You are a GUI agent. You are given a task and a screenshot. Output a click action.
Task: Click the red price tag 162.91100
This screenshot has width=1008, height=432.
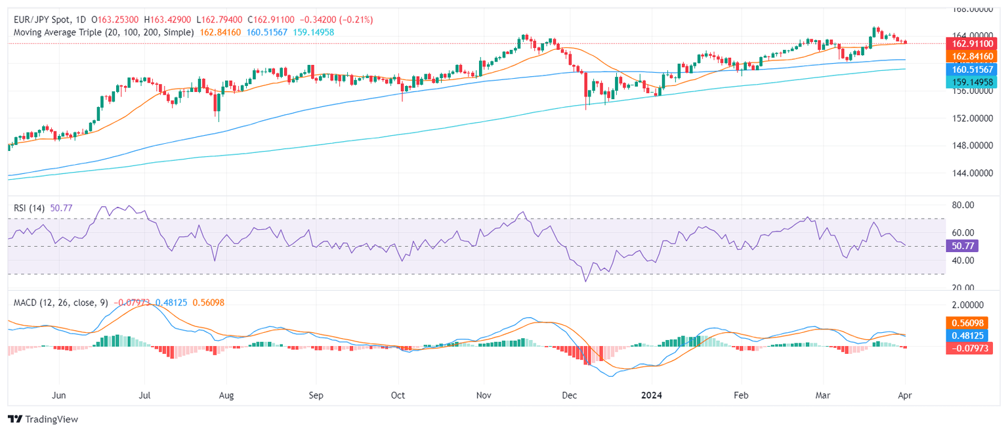973,43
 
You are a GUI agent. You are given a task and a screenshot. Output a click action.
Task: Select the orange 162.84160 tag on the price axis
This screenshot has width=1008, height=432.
973,56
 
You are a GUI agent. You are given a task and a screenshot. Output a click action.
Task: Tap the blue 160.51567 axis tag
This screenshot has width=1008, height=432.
973,69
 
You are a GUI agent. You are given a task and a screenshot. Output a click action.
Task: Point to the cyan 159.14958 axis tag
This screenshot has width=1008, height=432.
973,81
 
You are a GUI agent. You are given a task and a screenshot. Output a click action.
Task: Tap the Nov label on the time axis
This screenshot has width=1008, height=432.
484,396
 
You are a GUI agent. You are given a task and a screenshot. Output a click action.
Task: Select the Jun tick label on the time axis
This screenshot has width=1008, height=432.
59,396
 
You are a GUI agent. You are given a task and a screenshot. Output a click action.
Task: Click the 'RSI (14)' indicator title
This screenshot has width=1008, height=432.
30,208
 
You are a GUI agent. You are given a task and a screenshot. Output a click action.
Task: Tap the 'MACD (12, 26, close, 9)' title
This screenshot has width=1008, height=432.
61,303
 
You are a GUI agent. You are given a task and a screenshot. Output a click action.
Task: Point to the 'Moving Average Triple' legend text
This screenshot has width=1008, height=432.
58,32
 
